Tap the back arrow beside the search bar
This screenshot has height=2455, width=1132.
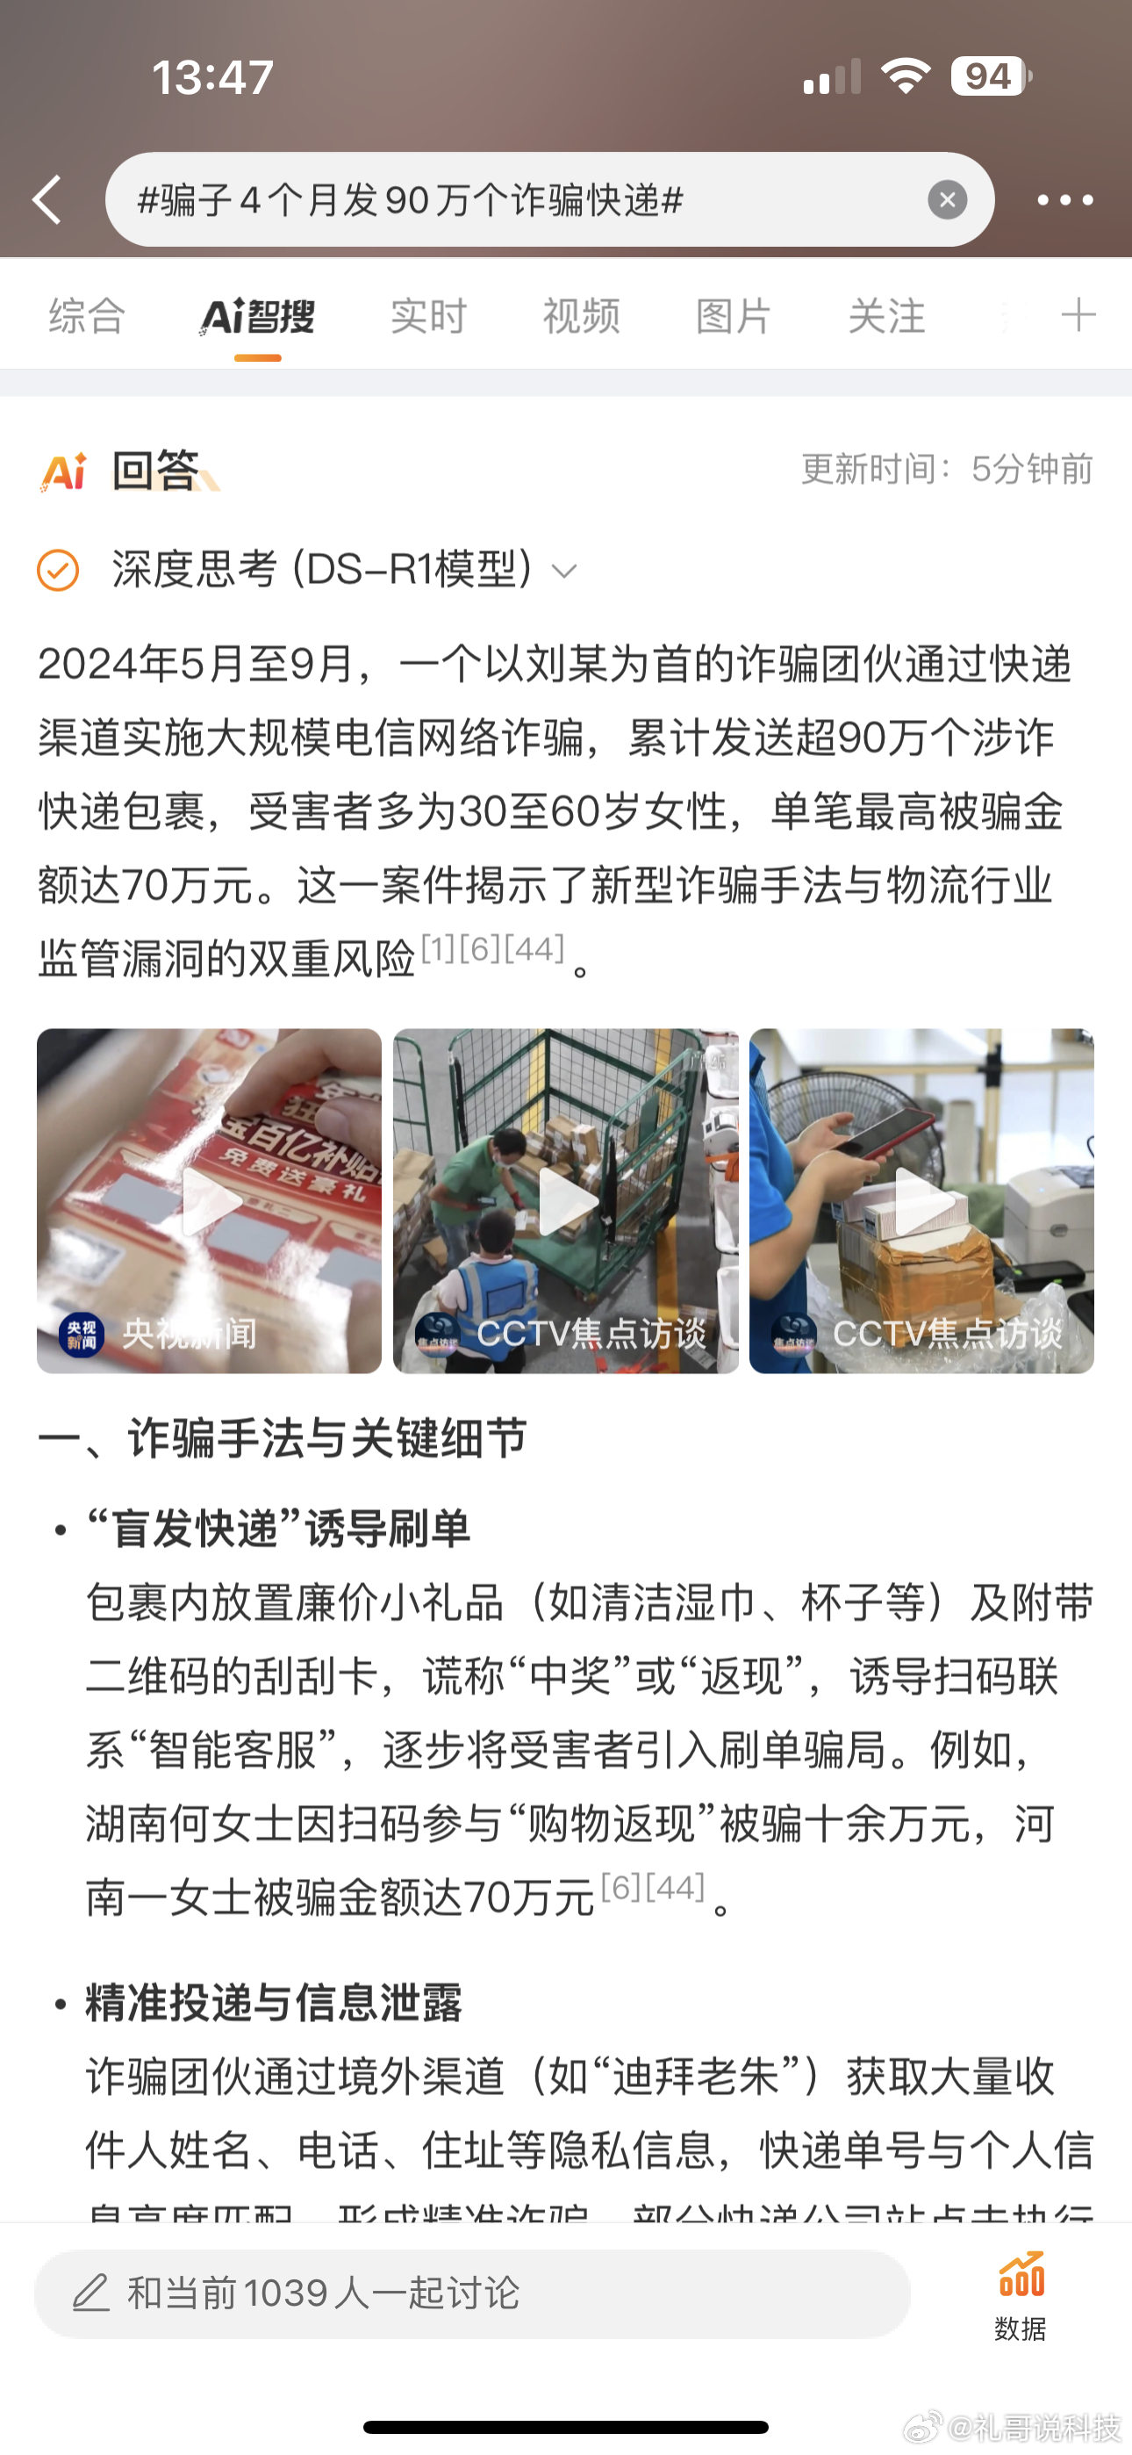point(47,199)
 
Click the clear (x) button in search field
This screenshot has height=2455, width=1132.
point(947,199)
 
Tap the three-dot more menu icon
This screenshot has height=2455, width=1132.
point(1064,200)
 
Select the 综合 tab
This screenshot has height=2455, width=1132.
point(87,315)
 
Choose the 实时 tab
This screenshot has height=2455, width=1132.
point(429,315)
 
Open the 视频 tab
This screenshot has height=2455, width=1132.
point(581,315)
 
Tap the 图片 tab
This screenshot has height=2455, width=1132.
point(734,315)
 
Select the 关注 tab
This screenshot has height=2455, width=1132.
point(886,315)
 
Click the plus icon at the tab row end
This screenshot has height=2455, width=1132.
point(1078,314)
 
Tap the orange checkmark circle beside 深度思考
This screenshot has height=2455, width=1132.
point(58,570)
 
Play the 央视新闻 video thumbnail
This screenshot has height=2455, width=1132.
point(210,1201)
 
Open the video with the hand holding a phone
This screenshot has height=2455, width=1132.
point(921,1201)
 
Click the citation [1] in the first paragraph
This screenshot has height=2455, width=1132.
point(438,948)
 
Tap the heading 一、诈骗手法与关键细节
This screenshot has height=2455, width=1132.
point(283,1438)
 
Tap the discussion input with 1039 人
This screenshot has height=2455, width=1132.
point(472,2293)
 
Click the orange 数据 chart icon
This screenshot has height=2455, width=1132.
point(1021,2276)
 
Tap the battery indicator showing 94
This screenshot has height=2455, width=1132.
point(989,76)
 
